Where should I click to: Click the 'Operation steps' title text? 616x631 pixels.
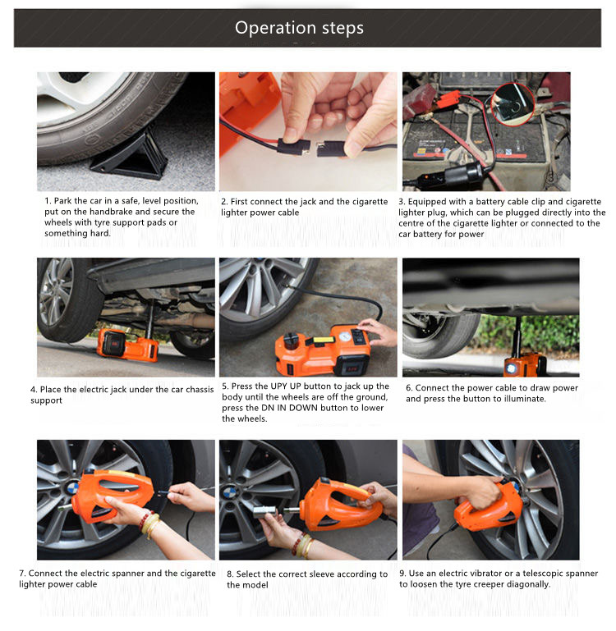coord(299,28)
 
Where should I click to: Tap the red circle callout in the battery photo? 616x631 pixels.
coord(513,104)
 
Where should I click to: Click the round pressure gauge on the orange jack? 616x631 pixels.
coord(344,336)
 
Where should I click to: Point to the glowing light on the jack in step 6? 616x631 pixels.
coord(511,368)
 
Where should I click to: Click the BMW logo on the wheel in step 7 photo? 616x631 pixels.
coord(72,488)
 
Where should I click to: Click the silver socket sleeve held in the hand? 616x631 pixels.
coord(264,512)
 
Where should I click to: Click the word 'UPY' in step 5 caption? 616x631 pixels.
coord(278,386)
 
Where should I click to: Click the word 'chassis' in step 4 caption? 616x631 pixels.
coord(199,390)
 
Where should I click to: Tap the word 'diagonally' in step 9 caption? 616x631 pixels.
coord(528,584)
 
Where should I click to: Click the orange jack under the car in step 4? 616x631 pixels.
coord(127,344)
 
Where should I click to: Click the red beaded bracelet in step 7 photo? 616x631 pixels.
coord(144,521)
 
